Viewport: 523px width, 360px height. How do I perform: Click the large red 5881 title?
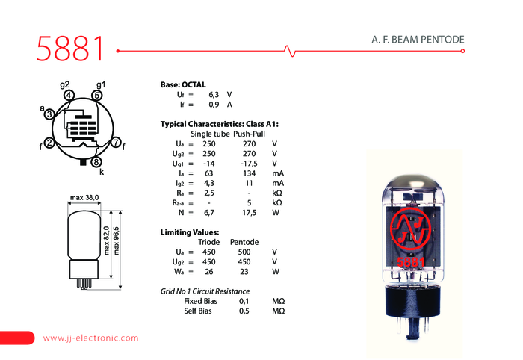pyautogui.click(x=70, y=49)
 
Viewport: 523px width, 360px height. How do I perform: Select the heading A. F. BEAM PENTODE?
pyautogui.click(x=418, y=40)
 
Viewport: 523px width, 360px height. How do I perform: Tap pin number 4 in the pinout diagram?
pyautogui.click(x=69, y=96)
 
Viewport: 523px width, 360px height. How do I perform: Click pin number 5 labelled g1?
pyautogui.click(x=96, y=96)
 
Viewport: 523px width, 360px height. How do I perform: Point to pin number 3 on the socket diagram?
pyautogui.click(x=49, y=114)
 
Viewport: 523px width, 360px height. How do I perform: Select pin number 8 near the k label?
pyautogui.click(x=96, y=162)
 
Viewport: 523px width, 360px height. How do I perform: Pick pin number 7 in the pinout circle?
pyautogui.click(x=116, y=143)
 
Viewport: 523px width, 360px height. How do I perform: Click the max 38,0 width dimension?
pyautogui.click(x=84, y=198)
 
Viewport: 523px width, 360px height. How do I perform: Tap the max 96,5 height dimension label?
pyautogui.click(x=116, y=240)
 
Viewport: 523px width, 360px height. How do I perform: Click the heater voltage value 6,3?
pyautogui.click(x=214, y=95)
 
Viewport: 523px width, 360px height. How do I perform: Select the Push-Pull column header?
pyautogui.click(x=249, y=134)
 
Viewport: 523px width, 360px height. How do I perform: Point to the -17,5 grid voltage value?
pyautogui.click(x=249, y=164)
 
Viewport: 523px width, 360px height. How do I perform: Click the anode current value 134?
pyautogui.click(x=249, y=173)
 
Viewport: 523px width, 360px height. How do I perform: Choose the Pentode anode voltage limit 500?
pyautogui.click(x=244, y=252)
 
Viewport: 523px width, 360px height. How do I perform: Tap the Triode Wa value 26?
pyautogui.click(x=208, y=272)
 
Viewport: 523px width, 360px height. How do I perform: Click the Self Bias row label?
pyautogui.click(x=198, y=311)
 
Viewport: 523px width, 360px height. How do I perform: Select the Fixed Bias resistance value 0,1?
pyautogui.click(x=244, y=301)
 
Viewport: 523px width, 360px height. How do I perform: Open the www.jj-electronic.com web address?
pyautogui.click(x=90, y=338)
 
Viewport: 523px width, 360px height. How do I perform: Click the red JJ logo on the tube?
pyautogui.click(x=410, y=229)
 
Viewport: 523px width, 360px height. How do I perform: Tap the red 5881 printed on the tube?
pyautogui.click(x=411, y=262)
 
